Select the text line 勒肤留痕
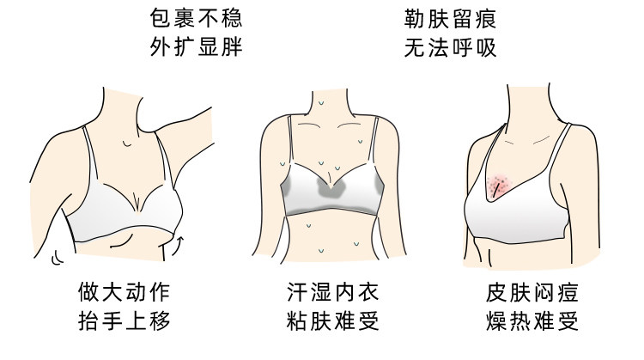450,18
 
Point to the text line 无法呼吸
450,46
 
